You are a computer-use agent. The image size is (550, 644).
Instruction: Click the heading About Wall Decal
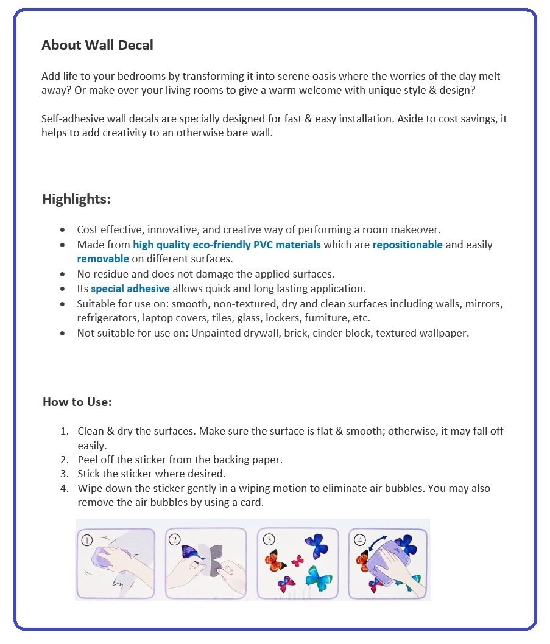pyautogui.click(x=97, y=45)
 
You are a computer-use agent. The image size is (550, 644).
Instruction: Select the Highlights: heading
pyautogui.click(x=76, y=199)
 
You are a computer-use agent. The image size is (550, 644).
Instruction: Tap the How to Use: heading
pyautogui.click(x=77, y=402)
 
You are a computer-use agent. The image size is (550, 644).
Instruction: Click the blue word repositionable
pyautogui.click(x=407, y=245)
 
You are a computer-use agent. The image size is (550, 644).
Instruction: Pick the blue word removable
pyautogui.click(x=103, y=259)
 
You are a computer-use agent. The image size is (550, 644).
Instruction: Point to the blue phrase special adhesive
pyautogui.click(x=130, y=289)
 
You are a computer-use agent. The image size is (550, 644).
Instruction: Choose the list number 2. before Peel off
pyautogui.click(x=64, y=460)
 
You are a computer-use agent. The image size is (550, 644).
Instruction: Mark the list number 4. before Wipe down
pyautogui.click(x=64, y=488)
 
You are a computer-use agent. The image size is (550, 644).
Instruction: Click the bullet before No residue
pyautogui.click(x=63, y=274)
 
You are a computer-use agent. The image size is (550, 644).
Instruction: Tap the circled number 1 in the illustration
pyautogui.click(x=87, y=539)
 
